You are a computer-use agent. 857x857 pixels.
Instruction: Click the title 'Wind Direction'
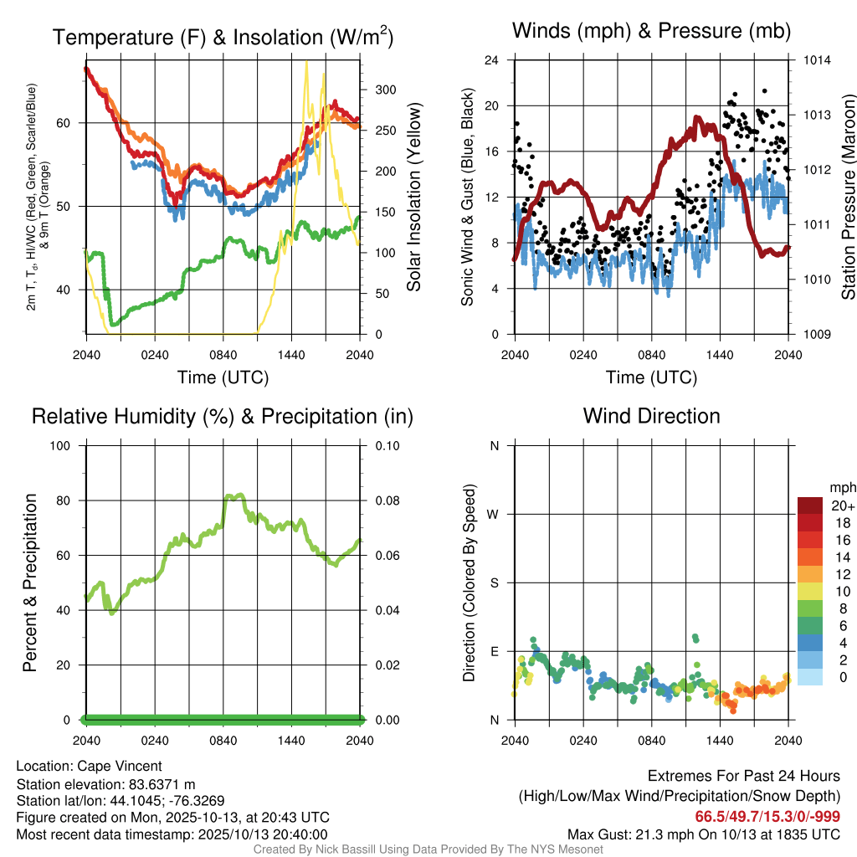[651, 416]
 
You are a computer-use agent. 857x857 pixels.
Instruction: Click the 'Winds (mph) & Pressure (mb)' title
[651, 32]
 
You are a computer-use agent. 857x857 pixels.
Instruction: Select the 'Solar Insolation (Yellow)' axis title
[413, 197]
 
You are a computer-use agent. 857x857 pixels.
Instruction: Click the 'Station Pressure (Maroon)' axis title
[847, 197]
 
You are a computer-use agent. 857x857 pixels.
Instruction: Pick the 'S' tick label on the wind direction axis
[494, 582]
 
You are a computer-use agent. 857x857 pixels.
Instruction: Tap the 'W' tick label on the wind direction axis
[494, 514]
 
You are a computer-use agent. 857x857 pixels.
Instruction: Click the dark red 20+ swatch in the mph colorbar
[809, 505]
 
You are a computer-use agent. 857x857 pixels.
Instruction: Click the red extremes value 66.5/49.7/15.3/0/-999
[767, 816]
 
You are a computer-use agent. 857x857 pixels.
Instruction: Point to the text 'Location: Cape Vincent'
[89, 766]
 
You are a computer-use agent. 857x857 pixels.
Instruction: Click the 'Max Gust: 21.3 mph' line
[703, 834]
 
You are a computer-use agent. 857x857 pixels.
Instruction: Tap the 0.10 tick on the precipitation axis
[386, 445]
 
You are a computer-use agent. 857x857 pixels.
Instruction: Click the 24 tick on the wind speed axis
[492, 60]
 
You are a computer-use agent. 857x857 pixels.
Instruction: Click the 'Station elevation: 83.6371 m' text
[105, 784]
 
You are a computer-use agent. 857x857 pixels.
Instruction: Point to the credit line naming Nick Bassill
[428, 849]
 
